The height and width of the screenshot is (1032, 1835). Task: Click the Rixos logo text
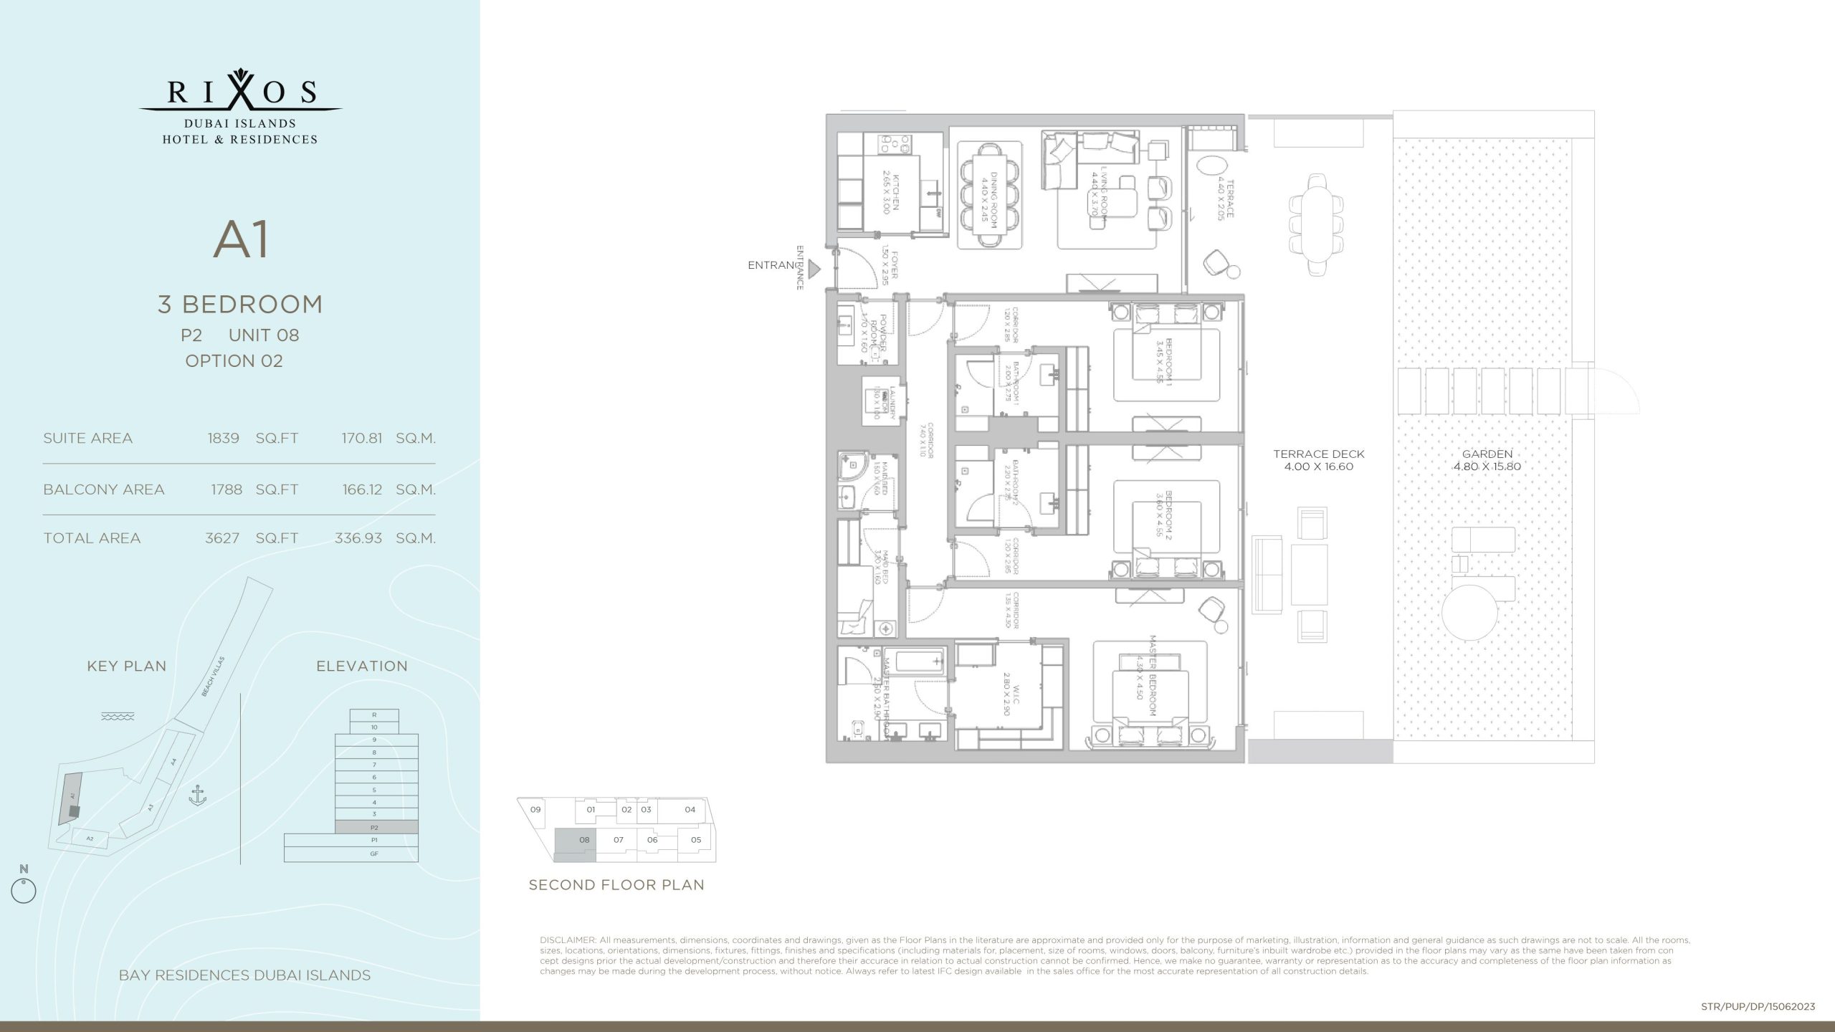(x=241, y=91)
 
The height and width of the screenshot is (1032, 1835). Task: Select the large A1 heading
(x=242, y=240)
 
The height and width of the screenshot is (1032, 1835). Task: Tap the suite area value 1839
(x=223, y=438)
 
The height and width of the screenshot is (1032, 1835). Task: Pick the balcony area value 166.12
(x=361, y=489)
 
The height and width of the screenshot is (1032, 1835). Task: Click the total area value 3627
(x=222, y=538)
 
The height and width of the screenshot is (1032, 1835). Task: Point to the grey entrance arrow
(x=814, y=269)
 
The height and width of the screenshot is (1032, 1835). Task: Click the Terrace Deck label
(x=1318, y=459)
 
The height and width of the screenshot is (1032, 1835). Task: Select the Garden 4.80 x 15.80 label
(x=1487, y=459)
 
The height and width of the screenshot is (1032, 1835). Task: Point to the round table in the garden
(x=1469, y=614)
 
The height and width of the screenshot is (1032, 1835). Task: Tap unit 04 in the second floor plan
(x=690, y=810)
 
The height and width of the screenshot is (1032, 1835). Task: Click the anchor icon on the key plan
(x=197, y=795)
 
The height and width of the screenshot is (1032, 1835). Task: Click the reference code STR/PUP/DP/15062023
(x=1758, y=1007)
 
